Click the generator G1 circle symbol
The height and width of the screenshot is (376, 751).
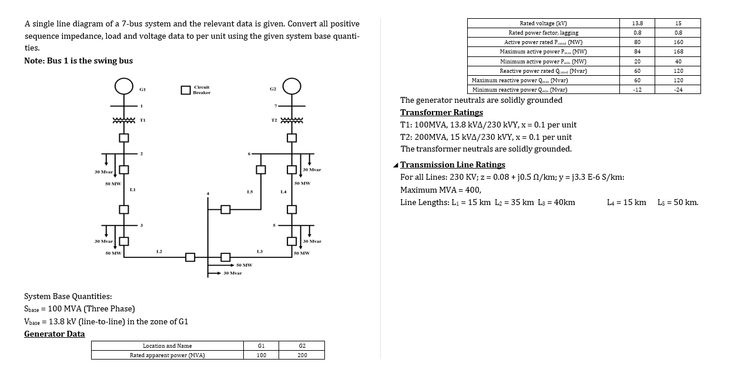(123, 86)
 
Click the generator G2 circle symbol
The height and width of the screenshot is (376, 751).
(292, 86)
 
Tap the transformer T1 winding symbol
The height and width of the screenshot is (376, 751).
(124, 120)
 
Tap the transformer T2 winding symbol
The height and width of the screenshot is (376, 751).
(292, 120)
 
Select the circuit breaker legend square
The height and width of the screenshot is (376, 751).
(186, 90)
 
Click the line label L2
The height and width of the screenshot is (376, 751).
(159, 251)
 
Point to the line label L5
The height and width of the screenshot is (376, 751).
(250, 192)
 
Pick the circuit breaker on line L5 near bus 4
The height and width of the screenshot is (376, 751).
(224, 209)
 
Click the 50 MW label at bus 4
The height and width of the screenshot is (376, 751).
(244, 265)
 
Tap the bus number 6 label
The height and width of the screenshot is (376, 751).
(250, 155)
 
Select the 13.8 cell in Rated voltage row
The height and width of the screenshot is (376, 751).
(637, 23)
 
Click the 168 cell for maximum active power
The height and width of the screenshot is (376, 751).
(678, 52)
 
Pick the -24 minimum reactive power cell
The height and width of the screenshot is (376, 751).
(678, 89)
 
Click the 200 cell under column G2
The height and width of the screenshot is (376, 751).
(302, 355)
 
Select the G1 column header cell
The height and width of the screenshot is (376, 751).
(261, 346)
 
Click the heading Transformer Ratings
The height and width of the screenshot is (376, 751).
(441, 112)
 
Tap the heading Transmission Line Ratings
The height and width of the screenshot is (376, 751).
(452, 164)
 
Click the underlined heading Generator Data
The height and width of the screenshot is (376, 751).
(54, 334)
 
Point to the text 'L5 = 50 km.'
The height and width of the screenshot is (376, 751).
(678, 202)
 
